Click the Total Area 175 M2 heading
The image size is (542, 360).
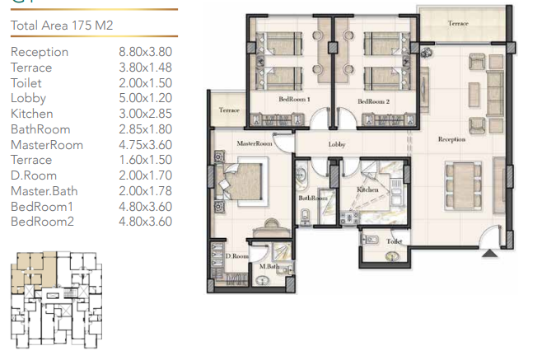[x=62, y=26]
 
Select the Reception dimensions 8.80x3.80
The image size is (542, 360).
[x=146, y=52]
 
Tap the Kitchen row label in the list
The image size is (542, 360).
[x=32, y=114]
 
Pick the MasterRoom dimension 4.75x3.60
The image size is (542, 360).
[x=146, y=145]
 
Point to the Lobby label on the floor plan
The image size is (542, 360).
[x=337, y=144]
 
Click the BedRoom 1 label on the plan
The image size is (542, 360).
[x=295, y=99]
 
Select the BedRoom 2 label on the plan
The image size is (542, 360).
[x=373, y=101]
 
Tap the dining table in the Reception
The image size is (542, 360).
[x=463, y=185]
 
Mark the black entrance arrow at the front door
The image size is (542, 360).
[x=490, y=254]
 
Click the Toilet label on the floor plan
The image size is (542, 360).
[x=394, y=241]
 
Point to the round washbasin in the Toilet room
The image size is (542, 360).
[x=392, y=256]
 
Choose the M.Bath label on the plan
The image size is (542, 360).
[x=269, y=266]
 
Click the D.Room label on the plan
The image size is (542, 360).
[x=236, y=256]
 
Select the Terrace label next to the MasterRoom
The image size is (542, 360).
[x=229, y=110]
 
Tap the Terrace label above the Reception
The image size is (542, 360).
[x=458, y=24]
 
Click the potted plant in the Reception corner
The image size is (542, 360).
[x=426, y=52]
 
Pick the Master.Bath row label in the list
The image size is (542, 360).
[x=44, y=191]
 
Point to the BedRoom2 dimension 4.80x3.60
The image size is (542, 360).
[x=146, y=222]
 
